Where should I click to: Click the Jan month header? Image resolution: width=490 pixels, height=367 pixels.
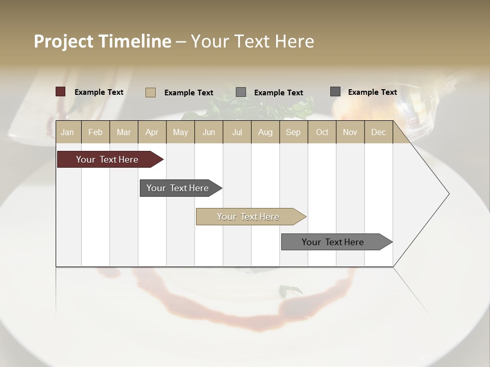pos(68,132)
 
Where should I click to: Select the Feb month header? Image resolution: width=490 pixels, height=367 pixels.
pos(95,132)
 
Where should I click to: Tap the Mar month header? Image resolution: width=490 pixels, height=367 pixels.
pos(124,132)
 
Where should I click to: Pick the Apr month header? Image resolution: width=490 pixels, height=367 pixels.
pos(152,132)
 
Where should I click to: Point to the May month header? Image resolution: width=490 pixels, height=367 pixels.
pos(180,132)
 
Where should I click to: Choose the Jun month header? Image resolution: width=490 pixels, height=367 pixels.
pos(209,132)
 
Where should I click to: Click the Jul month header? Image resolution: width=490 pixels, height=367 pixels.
pos(237,132)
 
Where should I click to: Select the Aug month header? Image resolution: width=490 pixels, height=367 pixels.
pos(265,132)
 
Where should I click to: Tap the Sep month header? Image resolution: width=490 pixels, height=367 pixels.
pos(293,132)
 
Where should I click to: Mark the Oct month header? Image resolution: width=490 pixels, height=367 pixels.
pos(322,132)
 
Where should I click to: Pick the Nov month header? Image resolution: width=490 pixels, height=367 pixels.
pos(350,132)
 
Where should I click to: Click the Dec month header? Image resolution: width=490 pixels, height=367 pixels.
pos(378,132)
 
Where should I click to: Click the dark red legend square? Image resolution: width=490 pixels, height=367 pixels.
pos(61,92)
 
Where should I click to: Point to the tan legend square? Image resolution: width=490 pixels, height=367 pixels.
pos(151,92)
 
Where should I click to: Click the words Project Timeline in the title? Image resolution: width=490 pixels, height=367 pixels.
pos(103,41)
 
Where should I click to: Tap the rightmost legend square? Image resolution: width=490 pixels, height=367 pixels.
pos(335,92)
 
